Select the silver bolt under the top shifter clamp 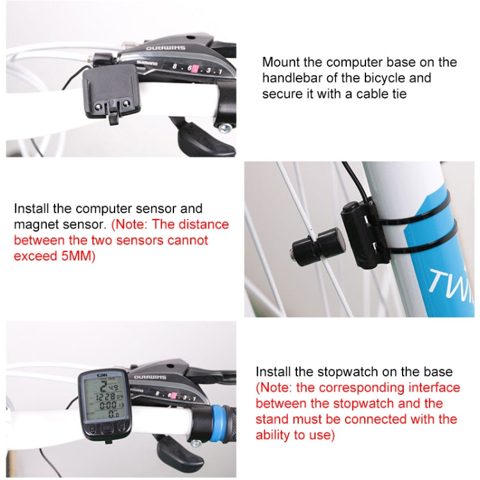tap(223, 128)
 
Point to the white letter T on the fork tap(437, 282)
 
